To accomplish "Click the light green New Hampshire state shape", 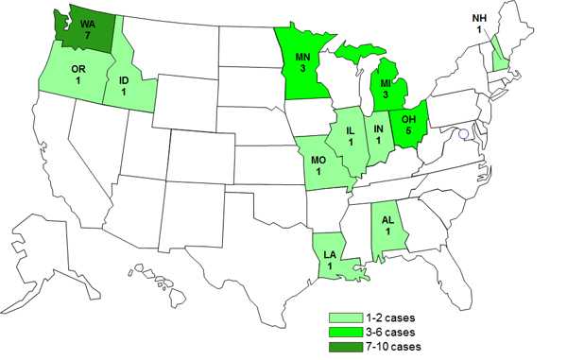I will point(498,62).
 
